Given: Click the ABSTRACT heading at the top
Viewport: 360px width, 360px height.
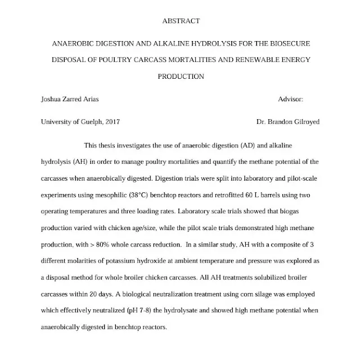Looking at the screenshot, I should click(x=180, y=21).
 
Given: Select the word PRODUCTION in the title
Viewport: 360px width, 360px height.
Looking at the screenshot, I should click(x=180, y=76).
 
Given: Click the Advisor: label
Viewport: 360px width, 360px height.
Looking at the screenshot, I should click(x=290, y=99).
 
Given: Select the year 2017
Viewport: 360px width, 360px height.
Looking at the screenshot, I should click(x=110, y=121).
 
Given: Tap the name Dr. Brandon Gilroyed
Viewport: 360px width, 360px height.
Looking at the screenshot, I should click(x=287, y=121).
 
